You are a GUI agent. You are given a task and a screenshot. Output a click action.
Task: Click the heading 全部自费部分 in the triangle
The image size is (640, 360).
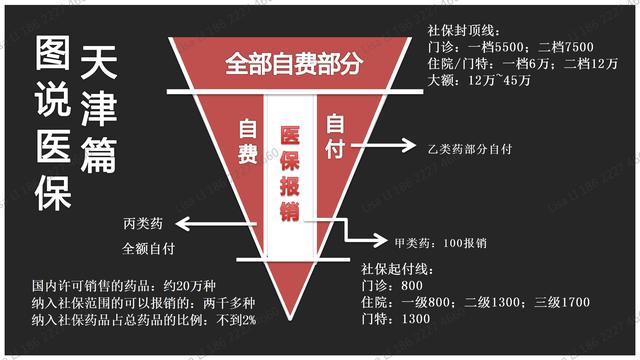tap(292, 64)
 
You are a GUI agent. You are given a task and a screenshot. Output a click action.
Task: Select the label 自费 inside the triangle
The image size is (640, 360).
tap(249, 142)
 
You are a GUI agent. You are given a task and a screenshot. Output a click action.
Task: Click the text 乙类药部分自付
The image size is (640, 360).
tap(469, 149)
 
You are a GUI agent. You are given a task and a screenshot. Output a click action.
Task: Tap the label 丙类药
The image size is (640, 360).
tap(142, 220)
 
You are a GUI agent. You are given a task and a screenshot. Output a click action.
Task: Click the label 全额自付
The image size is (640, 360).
tap(149, 244)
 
